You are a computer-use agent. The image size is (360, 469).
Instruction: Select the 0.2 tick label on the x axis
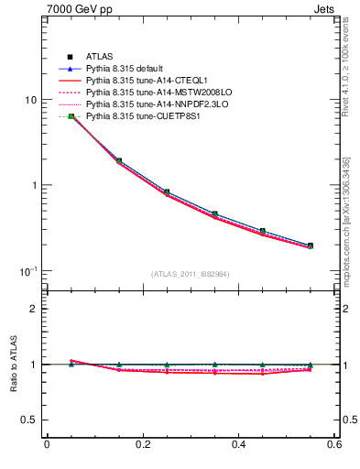click(142, 446)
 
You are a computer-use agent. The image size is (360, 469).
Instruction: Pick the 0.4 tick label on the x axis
click(238, 446)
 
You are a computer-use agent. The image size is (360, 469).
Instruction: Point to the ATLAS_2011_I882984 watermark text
click(190, 274)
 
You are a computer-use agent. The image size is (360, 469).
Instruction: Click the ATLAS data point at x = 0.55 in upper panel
click(311, 245)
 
